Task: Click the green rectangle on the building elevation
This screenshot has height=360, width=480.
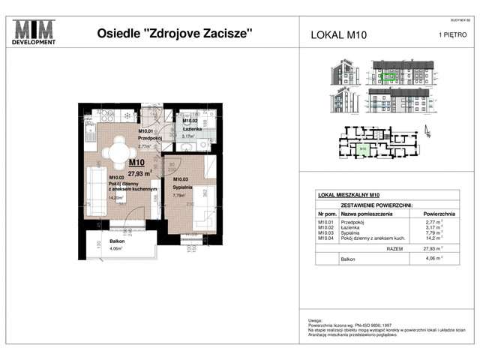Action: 388,76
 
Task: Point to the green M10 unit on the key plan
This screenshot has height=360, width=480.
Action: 362,148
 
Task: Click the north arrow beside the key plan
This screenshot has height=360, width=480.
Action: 427,133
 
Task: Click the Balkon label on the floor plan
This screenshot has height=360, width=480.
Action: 116,241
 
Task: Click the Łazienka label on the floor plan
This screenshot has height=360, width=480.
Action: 190,128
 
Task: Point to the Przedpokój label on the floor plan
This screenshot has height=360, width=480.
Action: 151,138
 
